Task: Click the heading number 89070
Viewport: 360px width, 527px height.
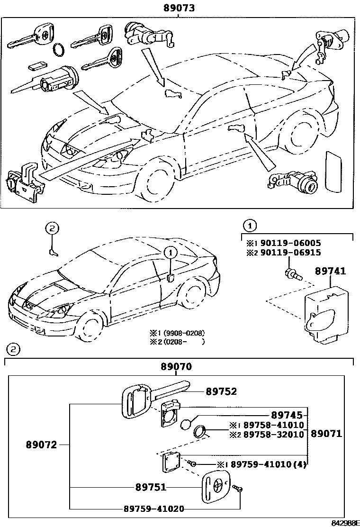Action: pyautogui.click(x=176, y=367)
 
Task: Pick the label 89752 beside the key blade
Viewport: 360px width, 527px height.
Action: pyautogui.click(x=221, y=391)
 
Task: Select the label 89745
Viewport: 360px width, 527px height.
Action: pyautogui.click(x=287, y=415)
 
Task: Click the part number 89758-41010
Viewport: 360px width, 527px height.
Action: pyautogui.click(x=273, y=425)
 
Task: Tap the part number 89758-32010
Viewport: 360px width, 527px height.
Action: pyautogui.click(x=273, y=434)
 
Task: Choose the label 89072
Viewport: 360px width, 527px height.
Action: pyautogui.click(x=42, y=445)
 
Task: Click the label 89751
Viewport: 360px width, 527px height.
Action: pyautogui.click(x=151, y=487)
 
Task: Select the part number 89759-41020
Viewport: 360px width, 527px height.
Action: pyautogui.click(x=154, y=509)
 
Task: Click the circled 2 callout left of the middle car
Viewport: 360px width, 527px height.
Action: pyautogui.click(x=52, y=228)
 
